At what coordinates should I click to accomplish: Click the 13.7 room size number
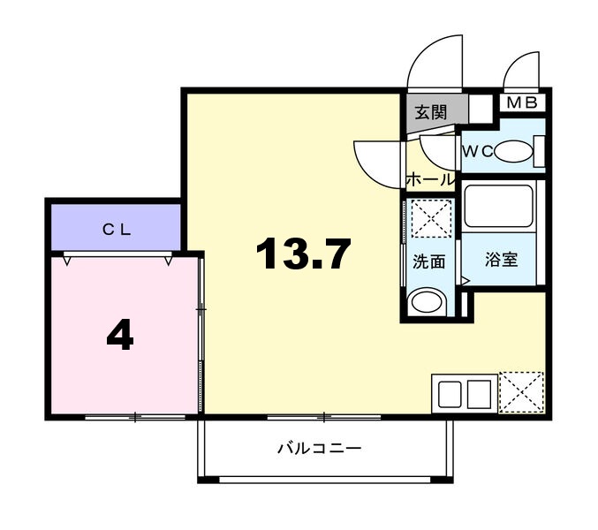tap(303, 254)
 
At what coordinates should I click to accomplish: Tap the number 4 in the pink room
tap(120, 335)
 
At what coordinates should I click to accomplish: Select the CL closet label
tap(117, 230)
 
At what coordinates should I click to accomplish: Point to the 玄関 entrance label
tap(430, 112)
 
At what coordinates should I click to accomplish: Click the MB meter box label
tap(522, 102)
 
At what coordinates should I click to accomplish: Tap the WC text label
tap(478, 152)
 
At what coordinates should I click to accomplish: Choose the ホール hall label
tap(430, 179)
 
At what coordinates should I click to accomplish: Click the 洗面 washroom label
tap(429, 261)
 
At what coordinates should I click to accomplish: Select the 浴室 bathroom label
tap(502, 260)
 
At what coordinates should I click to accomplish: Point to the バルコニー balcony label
tap(319, 448)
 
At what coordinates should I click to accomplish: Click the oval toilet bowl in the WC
tap(514, 151)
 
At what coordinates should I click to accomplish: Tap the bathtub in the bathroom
tap(498, 206)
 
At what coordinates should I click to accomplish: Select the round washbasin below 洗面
tap(427, 302)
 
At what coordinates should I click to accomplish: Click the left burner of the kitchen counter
tap(450, 393)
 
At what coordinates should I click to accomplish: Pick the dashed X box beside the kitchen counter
tap(521, 392)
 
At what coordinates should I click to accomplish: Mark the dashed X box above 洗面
tap(431, 218)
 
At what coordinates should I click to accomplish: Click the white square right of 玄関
tap(481, 108)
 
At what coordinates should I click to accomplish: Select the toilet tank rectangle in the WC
tap(540, 151)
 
